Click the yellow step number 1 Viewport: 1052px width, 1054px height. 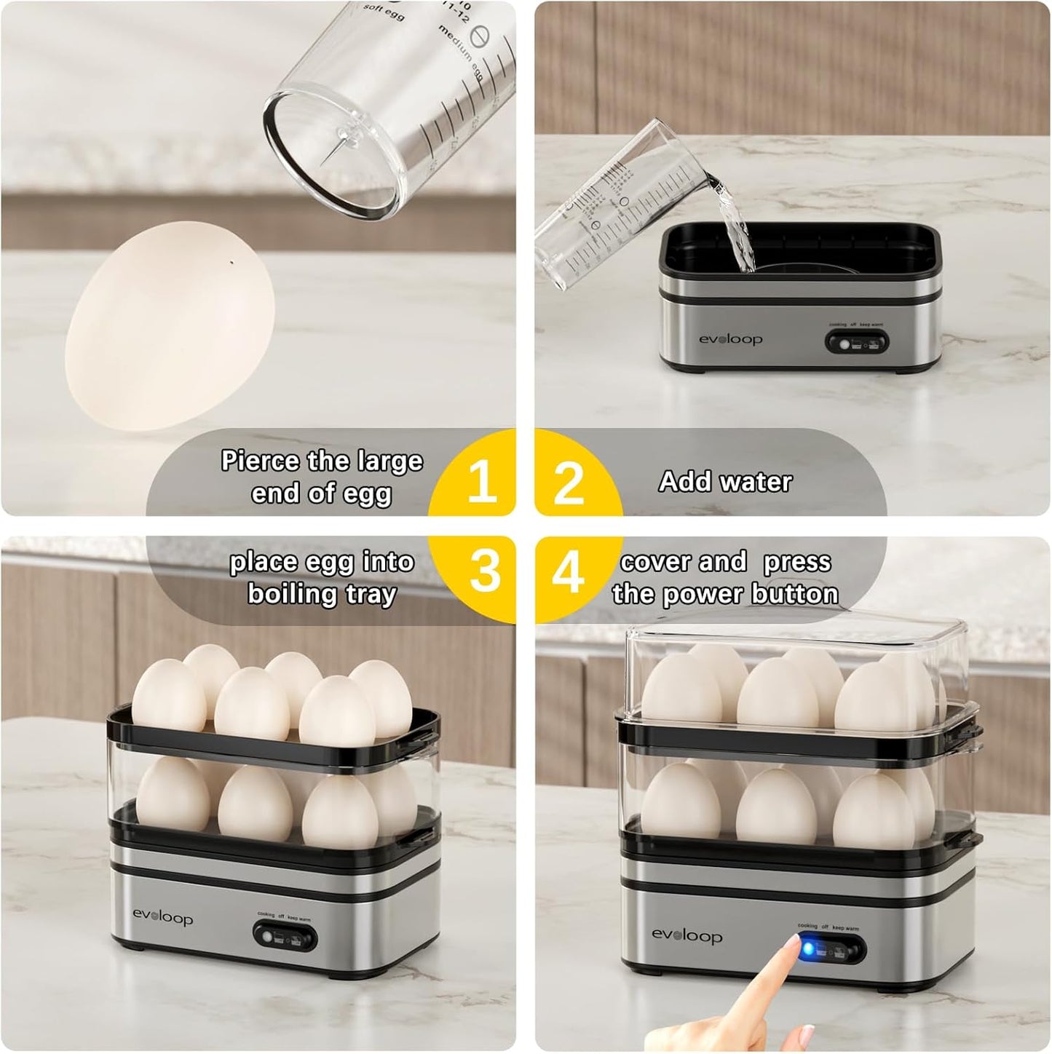point(481,482)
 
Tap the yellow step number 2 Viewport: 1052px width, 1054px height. point(569,483)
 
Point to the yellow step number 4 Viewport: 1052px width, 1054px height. point(568,571)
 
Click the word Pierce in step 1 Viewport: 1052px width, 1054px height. point(258,461)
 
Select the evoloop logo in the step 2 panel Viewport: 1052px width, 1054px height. point(730,339)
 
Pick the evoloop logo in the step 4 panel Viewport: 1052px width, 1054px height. point(687,935)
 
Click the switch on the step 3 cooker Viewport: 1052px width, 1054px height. point(284,935)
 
